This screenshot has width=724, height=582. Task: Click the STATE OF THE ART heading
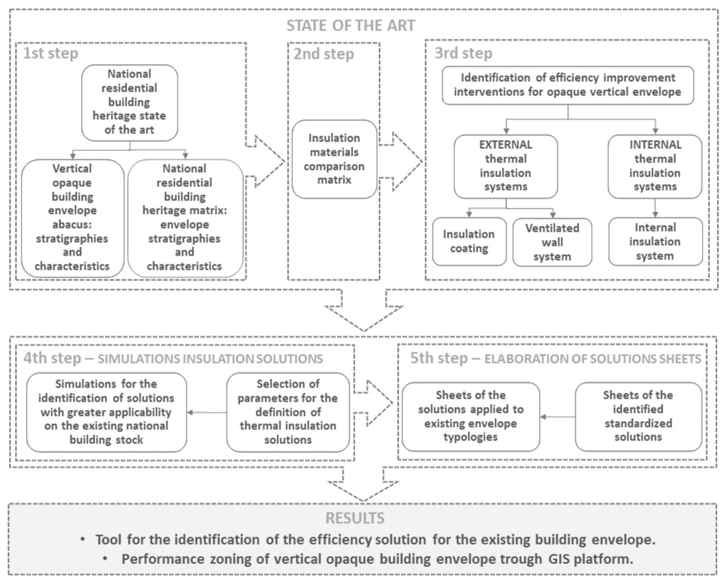(350, 26)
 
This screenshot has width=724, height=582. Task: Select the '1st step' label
(50, 53)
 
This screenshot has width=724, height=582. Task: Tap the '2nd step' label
(323, 54)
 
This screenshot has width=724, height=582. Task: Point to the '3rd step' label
(463, 53)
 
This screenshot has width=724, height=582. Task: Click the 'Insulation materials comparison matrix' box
(334, 159)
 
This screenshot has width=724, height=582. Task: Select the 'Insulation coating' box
(469, 241)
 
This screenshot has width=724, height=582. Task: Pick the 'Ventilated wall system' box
(552, 242)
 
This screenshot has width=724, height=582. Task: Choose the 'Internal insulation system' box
(655, 242)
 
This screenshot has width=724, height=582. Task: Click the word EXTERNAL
(505, 145)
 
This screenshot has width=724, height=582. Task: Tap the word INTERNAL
(655, 145)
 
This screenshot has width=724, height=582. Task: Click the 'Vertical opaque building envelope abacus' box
(72, 218)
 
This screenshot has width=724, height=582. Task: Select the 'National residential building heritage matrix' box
(185, 218)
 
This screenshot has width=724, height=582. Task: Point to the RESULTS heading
(354, 518)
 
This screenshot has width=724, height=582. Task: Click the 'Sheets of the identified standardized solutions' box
(638, 416)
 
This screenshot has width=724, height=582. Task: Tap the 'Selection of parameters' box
(288, 412)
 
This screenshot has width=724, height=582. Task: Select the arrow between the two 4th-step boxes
(207, 412)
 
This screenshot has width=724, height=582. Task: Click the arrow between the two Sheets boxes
(557, 417)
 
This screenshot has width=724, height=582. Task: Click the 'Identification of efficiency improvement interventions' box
(567, 85)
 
